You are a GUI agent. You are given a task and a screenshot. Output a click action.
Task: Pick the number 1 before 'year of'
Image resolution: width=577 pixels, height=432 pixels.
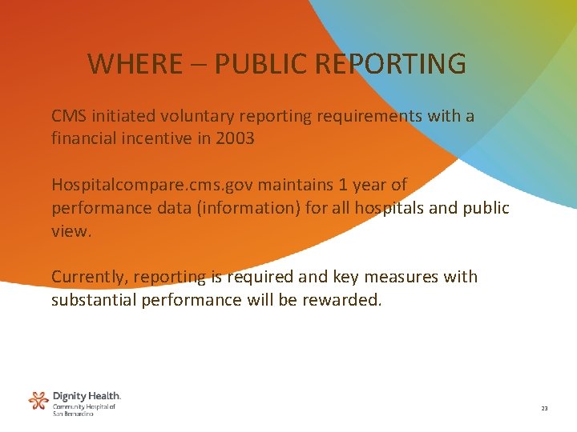[343, 185]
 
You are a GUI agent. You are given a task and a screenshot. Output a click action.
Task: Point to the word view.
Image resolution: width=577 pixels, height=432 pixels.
[71, 230]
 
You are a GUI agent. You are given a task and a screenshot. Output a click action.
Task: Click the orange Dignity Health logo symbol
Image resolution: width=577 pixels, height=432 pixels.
[38, 401]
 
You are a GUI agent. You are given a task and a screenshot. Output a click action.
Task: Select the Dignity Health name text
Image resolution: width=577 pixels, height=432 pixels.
[87, 396]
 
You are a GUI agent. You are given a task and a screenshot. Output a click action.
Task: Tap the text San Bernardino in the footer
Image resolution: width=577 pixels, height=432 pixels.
[74, 414]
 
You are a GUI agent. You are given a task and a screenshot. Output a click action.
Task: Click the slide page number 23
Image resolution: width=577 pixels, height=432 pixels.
[544, 409]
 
